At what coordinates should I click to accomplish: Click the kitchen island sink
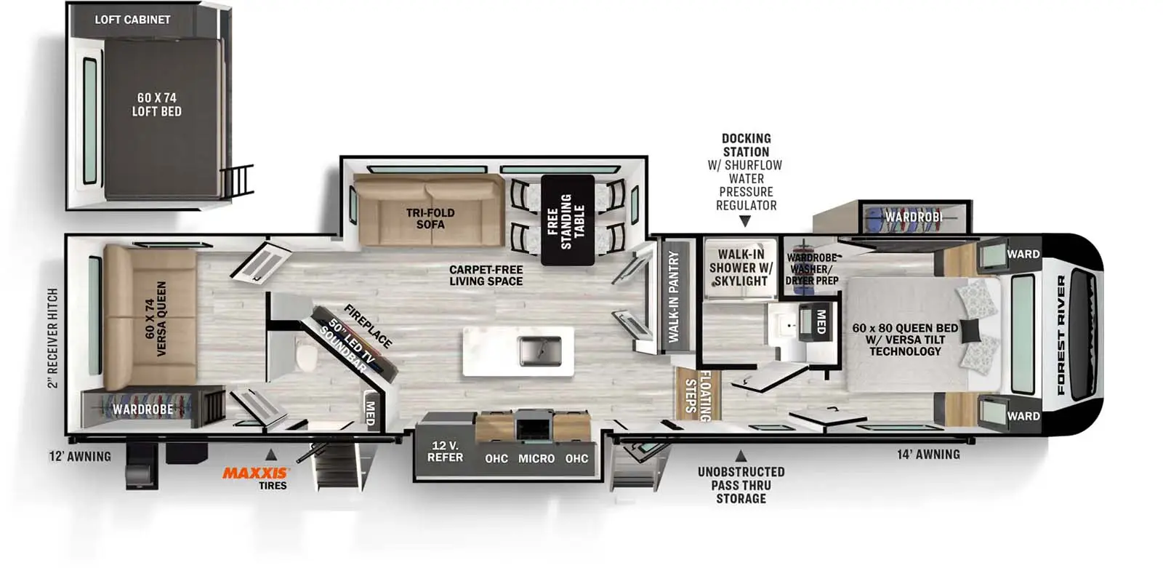[540, 351]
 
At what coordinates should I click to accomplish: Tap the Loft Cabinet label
[132, 20]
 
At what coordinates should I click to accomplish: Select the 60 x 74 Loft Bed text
[157, 105]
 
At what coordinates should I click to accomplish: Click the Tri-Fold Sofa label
[430, 219]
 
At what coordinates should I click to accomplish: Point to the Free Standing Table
[568, 220]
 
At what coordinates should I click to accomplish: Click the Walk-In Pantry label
[674, 297]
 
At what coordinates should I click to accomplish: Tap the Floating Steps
[699, 395]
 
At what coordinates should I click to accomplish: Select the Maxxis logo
[255, 473]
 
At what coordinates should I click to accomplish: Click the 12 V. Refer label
[445, 452]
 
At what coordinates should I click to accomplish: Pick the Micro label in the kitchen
[536, 458]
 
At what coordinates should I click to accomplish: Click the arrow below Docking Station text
[745, 221]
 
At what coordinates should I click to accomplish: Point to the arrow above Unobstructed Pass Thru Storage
[741, 456]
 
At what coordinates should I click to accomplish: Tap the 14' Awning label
[928, 455]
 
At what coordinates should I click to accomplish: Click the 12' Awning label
[80, 456]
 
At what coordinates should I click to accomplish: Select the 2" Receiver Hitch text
[53, 338]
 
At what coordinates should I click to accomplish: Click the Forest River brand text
[1061, 335]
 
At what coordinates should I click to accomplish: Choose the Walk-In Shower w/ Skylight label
[741, 268]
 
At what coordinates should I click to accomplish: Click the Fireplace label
[368, 326]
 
